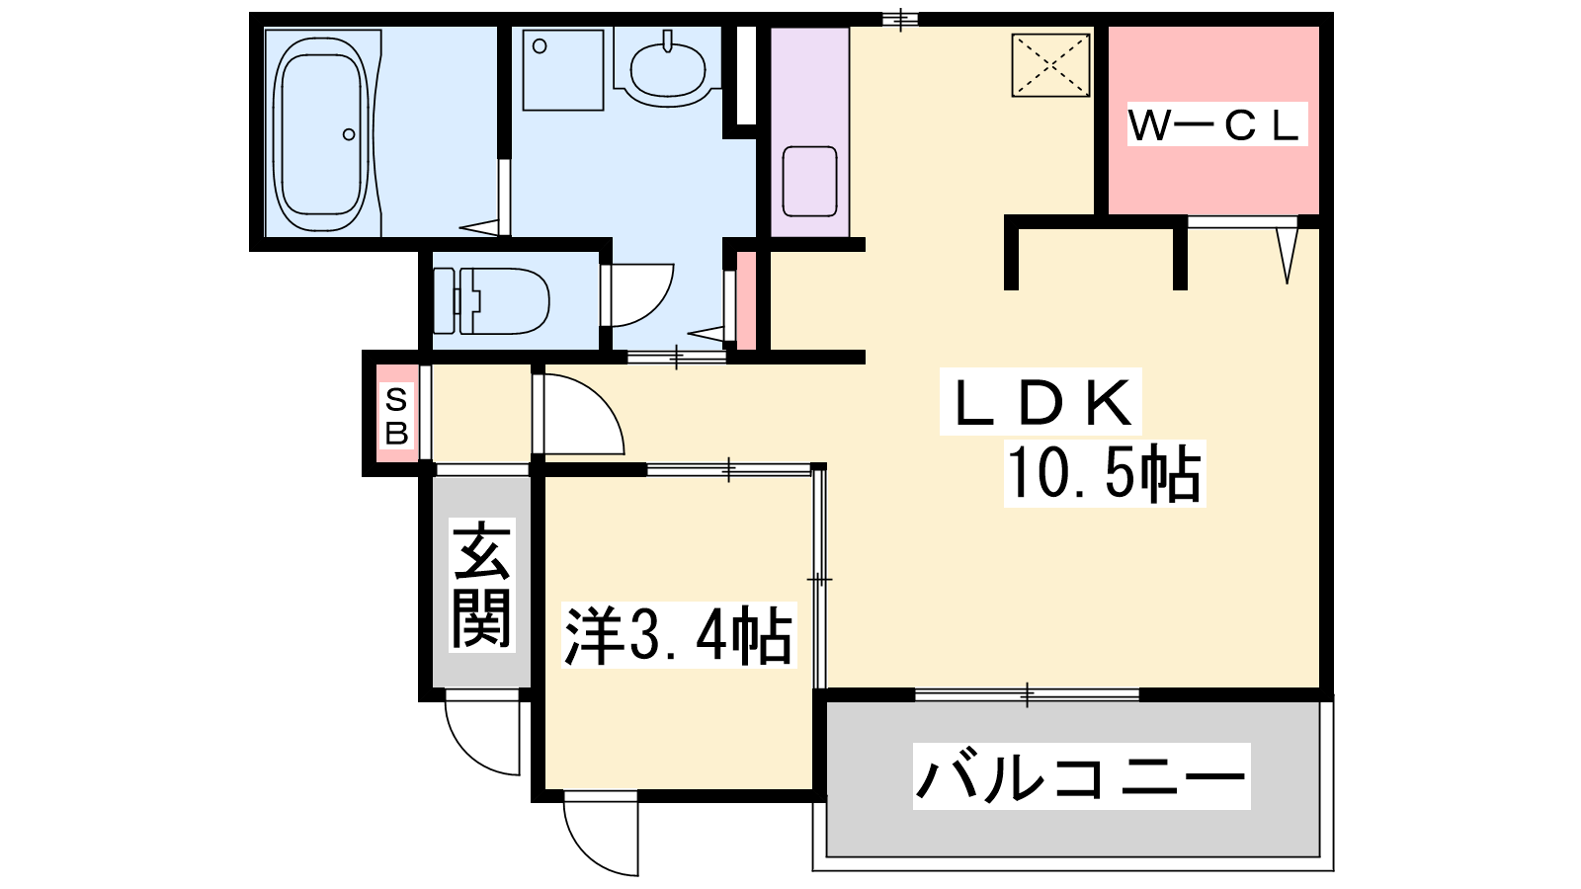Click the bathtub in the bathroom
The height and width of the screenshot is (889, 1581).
pyautogui.click(x=322, y=134)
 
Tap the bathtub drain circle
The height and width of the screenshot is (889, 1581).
pyautogui.click(x=349, y=134)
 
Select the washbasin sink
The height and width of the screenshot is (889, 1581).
pyautogui.click(x=667, y=69)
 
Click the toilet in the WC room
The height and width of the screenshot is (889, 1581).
pyautogui.click(x=491, y=300)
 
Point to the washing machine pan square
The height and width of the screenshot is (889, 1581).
pyautogui.click(x=563, y=70)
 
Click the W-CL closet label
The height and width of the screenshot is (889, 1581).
pyautogui.click(x=1214, y=125)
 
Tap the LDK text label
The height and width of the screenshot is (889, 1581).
pyautogui.click(x=1040, y=402)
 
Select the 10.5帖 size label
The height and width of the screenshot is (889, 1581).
pyautogui.click(x=1105, y=473)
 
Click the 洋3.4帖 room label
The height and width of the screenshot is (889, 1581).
pyautogui.click(x=678, y=635)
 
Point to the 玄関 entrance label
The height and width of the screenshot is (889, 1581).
pyautogui.click(x=482, y=585)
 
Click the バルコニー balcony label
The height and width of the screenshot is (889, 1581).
pyautogui.click(x=1081, y=776)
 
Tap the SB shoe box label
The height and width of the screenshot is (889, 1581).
pyautogui.click(x=396, y=417)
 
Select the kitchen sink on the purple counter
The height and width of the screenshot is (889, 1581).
pyautogui.click(x=809, y=182)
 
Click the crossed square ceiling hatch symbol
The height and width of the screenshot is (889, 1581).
pyautogui.click(x=1051, y=65)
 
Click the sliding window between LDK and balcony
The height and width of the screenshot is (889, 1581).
pyautogui.click(x=1028, y=694)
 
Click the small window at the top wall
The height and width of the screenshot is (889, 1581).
pyautogui.click(x=900, y=19)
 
